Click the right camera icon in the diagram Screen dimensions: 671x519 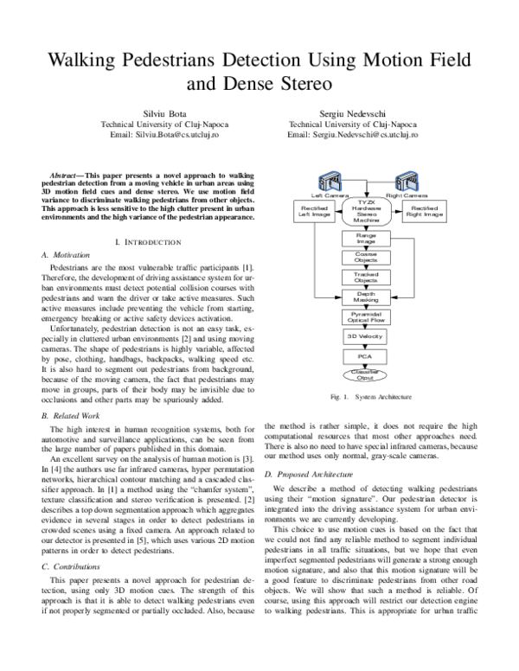point(405,183)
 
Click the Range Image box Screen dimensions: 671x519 point(366,238)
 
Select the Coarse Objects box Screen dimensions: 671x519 point(366,257)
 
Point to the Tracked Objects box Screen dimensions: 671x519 point(366,277)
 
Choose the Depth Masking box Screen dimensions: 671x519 point(366,297)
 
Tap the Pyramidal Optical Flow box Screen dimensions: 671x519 point(366,316)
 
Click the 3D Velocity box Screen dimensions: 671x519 point(366,335)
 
